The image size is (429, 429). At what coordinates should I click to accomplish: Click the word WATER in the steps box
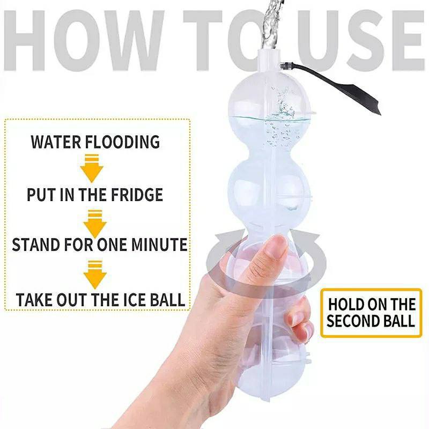tap(56, 142)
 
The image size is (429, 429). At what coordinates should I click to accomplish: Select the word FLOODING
tap(122, 142)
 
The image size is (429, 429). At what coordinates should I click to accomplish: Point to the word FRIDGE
tap(137, 195)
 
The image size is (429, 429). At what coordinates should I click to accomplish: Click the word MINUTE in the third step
tap(159, 245)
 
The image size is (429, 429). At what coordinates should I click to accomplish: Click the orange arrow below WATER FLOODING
tap(92, 169)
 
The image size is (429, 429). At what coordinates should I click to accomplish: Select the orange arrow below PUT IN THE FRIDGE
tap(95, 224)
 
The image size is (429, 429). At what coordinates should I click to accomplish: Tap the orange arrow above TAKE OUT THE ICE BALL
tap(95, 275)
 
